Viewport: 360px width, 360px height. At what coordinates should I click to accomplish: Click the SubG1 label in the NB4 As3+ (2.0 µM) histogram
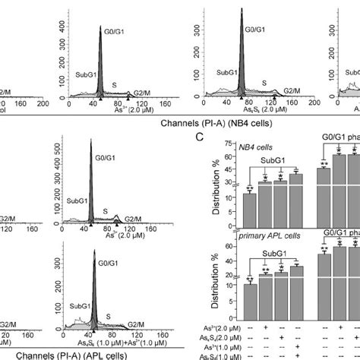80,66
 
